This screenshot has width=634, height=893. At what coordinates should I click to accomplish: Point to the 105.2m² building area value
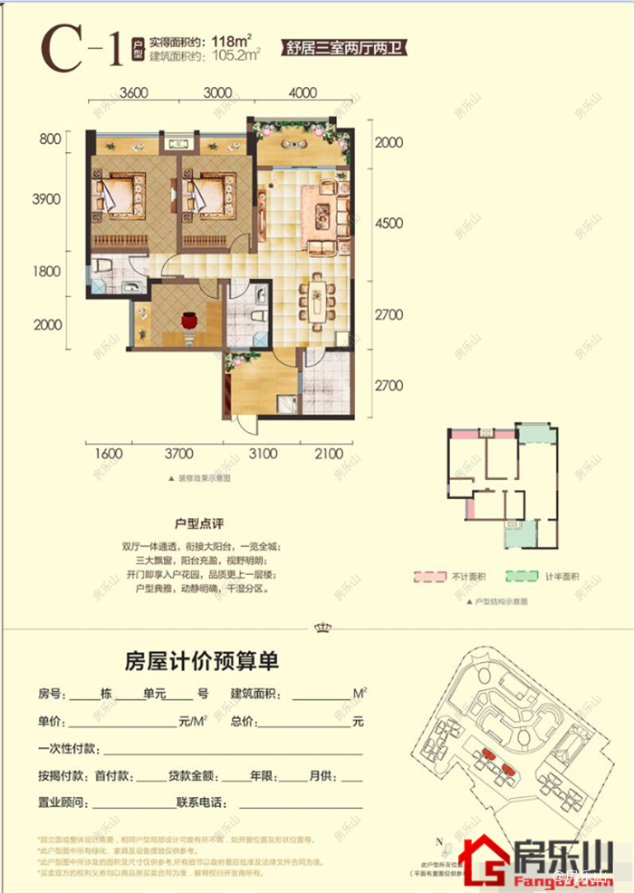(x=235, y=55)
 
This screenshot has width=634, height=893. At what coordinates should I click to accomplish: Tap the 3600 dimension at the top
(x=133, y=92)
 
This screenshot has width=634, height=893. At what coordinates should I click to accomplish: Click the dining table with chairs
(x=319, y=296)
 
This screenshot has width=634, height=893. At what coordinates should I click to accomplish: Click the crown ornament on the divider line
(x=319, y=627)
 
